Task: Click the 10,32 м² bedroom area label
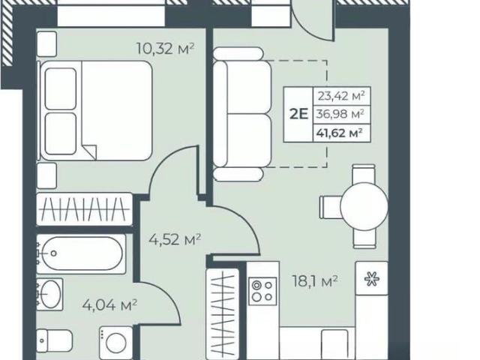click(x=165, y=48)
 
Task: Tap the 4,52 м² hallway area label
click(x=175, y=239)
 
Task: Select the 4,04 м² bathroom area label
click(x=110, y=305)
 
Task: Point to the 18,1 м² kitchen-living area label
click(x=315, y=281)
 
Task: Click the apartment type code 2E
click(x=298, y=114)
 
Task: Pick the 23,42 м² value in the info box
click(x=341, y=96)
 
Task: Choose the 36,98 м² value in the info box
click(x=340, y=114)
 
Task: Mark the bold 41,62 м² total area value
click(x=340, y=133)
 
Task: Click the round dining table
click(x=364, y=207)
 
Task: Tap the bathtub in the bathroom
click(x=82, y=253)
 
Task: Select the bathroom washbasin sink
click(x=50, y=294)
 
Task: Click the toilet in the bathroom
click(x=55, y=340)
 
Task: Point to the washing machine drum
click(x=116, y=343)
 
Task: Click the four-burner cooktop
click(x=262, y=291)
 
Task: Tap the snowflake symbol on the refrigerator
click(x=372, y=280)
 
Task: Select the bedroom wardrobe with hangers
click(x=85, y=209)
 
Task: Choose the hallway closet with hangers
click(x=223, y=311)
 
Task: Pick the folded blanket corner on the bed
click(x=90, y=151)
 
